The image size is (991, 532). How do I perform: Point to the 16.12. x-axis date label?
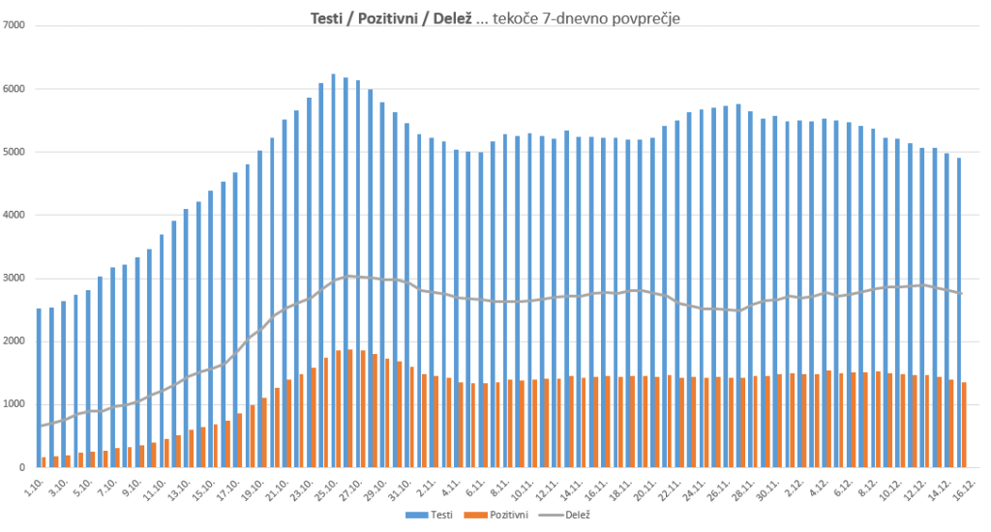962,487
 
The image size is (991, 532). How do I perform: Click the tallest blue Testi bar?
334,271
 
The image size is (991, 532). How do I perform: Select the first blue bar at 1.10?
39,388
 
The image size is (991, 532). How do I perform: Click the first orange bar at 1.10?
45,462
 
